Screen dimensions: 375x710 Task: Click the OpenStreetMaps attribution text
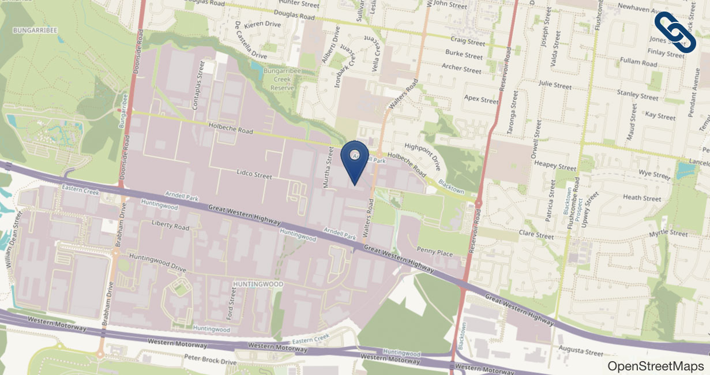click(x=656, y=366)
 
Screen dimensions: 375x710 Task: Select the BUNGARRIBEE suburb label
click(x=35, y=29)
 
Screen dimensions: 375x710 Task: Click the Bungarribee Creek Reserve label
click(x=279, y=80)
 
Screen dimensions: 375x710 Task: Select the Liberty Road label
click(x=170, y=226)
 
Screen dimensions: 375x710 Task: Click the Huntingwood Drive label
click(x=158, y=262)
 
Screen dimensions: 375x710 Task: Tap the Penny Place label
click(x=435, y=252)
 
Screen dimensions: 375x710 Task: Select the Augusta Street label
click(x=581, y=351)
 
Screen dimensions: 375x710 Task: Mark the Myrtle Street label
click(x=668, y=234)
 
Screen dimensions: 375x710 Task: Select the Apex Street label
click(x=481, y=99)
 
